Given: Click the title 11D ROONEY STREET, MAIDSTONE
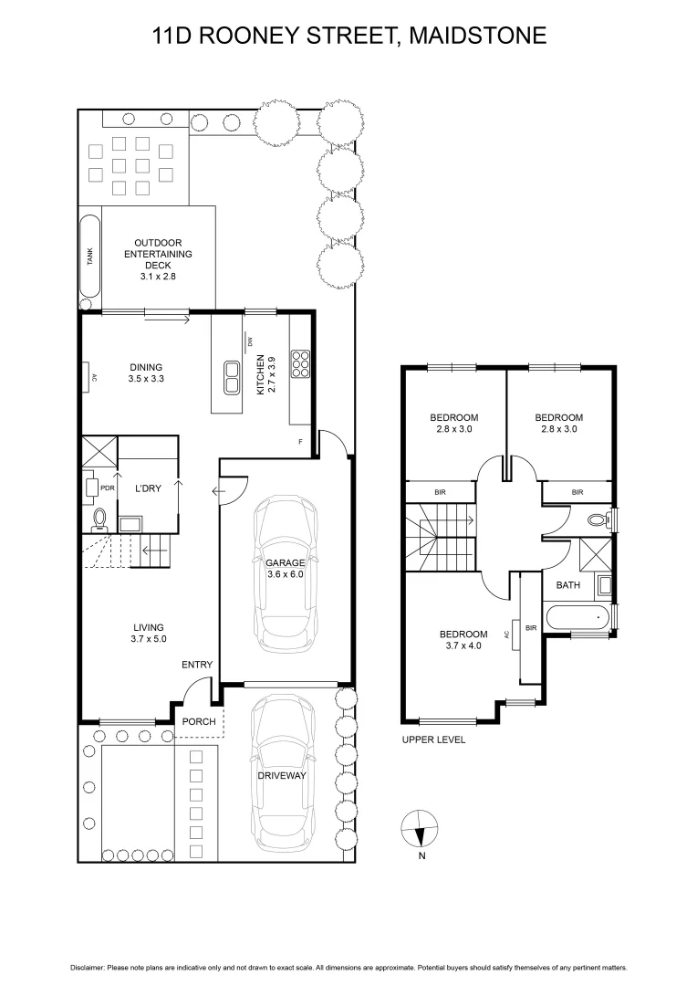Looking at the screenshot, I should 348,37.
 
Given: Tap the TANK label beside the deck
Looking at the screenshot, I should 89,257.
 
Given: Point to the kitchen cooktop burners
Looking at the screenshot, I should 300,364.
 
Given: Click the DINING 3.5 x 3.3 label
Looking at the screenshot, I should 145,372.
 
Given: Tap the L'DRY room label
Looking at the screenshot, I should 148,488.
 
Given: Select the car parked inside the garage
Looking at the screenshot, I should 286,571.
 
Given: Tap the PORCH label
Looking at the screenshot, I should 199,721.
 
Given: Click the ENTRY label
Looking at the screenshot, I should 197,665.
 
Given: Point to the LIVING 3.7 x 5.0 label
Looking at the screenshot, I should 148,633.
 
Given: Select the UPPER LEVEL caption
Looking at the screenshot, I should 433,739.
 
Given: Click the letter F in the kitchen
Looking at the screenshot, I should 300,442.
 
